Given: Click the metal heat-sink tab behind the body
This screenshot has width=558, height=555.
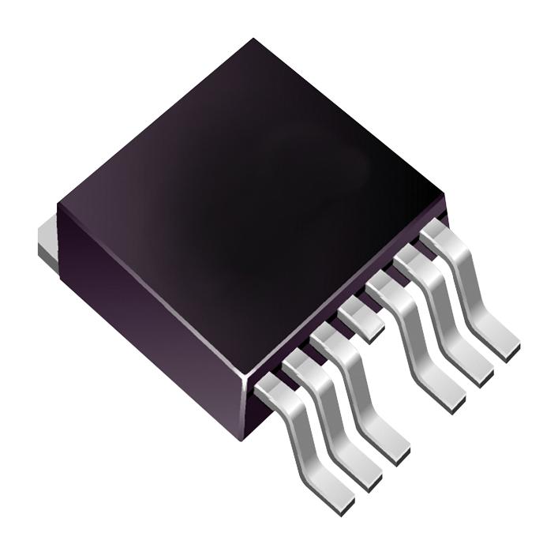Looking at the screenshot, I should (48, 242).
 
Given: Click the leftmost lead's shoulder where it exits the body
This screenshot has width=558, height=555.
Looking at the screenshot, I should (272, 388).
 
